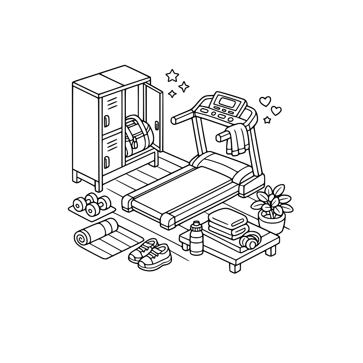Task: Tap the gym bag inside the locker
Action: click(138, 135)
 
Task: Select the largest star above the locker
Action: click(172, 75)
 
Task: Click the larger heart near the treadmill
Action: click(265, 101)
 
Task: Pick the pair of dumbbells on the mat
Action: click(91, 204)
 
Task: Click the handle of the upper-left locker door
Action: click(106, 121)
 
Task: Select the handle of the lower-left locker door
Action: click(106, 162)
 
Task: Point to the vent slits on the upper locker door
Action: click(113, 102)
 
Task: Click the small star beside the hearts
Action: click(267, 120)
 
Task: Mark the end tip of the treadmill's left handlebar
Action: click(174, 120)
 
